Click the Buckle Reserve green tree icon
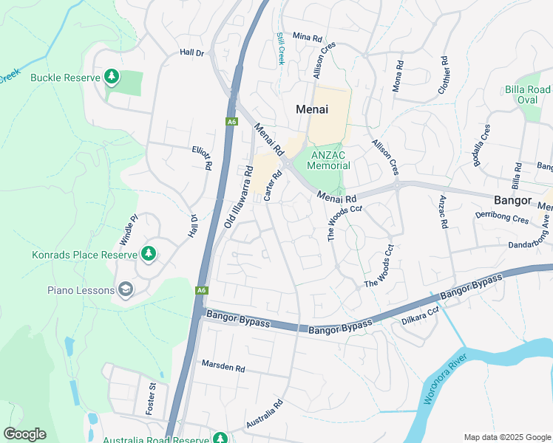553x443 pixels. [x=112, y=76]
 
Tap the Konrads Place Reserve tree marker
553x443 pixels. [x=149, y=254]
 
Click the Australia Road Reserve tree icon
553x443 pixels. [x=220, y=439]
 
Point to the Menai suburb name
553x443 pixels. [x=311, y=109]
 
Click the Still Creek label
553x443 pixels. [x=281, y=48]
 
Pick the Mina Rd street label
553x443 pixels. [x=308, y=36]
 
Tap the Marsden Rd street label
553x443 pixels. [x=223, y=366]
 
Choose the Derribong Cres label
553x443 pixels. [x=503, y=219]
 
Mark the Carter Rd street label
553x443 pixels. [x=273, y=185]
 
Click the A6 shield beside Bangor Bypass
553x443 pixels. [x=201, y=291]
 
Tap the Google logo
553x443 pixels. [x=24, y=434]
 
